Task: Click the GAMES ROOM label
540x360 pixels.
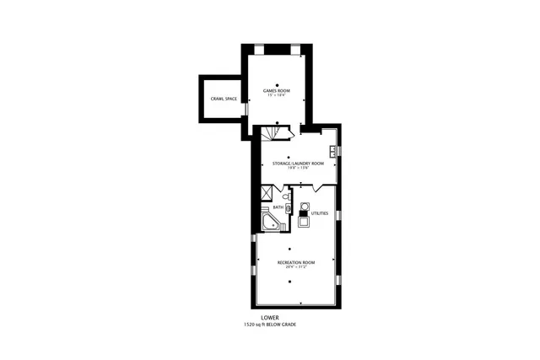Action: (277, 90)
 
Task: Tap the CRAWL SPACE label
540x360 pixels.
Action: (224, 99)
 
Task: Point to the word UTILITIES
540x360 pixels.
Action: (320, 213)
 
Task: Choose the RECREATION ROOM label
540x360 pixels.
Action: (296, 263)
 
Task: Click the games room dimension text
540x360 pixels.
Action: (277, 95)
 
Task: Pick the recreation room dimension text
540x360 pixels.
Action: (296, 268)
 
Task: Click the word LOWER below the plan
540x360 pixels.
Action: (270, 318)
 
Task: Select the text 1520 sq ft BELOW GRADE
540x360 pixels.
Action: (270, 325)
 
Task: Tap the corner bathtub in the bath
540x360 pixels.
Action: (272, 223)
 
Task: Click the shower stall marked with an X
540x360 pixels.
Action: (268, 192)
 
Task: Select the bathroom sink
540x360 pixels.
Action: (287, 207)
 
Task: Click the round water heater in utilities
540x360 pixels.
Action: (305, 206)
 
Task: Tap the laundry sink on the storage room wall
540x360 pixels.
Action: (334, 152)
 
